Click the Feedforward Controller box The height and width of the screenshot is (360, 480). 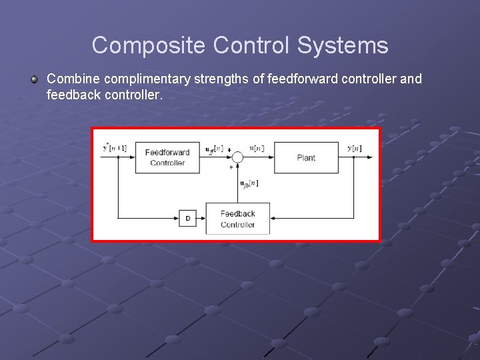tap(167, 157)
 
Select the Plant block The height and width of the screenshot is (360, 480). tap(306, 157)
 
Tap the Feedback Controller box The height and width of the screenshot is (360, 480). tap(238, 219)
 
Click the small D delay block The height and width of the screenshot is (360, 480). tap(187, 218)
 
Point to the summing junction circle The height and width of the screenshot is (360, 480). tap(237, 157)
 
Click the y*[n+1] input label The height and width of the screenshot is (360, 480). tap(115, 147)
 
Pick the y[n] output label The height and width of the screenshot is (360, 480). tap(355, 147)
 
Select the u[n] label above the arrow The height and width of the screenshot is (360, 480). tap(256, 148)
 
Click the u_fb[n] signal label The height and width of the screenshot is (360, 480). tap(249, 183)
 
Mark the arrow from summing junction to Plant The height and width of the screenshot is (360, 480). tap(259, 157)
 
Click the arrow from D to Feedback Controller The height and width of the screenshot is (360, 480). tap(201, 218)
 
